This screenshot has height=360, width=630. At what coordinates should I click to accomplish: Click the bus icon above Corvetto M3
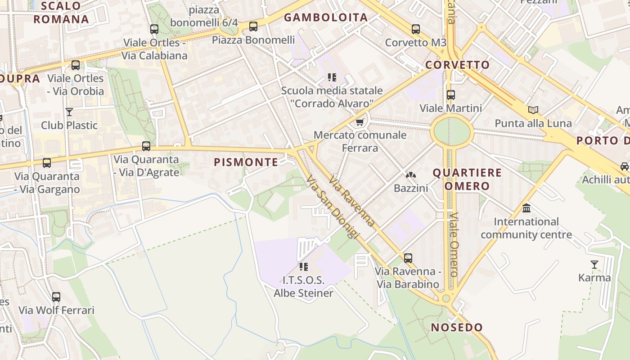[415, 29]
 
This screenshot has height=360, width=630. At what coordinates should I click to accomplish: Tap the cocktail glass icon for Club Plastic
[69, 112]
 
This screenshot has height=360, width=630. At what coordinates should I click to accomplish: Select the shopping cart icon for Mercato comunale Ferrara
[360, 122]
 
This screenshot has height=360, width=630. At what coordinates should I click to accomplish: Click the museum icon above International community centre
[526, 208]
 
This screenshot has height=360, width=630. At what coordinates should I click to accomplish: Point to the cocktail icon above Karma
[594, 264]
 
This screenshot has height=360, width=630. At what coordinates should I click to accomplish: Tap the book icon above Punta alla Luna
[533, 110]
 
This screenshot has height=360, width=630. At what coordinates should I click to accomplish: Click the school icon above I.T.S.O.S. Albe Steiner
[304, 267]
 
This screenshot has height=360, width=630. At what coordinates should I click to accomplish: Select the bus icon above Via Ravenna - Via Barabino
[408, 258]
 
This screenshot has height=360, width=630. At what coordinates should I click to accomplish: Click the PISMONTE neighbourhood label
[246, 162]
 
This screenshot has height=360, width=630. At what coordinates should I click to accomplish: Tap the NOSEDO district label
[457, 327]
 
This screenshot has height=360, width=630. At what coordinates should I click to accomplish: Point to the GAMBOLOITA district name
[326, 18]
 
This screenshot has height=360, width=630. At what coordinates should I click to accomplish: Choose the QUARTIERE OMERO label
[467, 179]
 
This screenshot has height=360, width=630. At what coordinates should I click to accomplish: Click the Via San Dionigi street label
[333, 207]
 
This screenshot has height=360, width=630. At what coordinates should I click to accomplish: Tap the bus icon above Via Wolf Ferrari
[56, 297]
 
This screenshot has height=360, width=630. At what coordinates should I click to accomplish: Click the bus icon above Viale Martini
[451, 95]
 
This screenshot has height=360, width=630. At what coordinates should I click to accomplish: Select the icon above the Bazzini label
[411, 175]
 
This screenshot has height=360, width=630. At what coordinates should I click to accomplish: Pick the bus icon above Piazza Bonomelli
[253, 27]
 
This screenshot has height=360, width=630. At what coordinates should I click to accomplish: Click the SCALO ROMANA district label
[61, 13]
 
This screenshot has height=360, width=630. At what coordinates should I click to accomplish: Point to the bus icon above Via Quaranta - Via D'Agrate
[146, 146]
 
